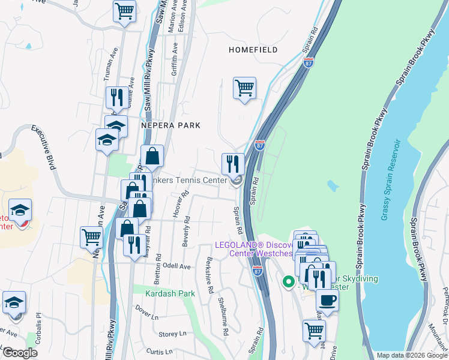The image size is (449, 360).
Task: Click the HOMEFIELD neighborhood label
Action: point(253,50)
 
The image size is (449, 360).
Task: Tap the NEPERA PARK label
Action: point(170,125)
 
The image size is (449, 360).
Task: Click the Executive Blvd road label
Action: point(43,147)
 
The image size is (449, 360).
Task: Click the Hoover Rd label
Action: point(177,205)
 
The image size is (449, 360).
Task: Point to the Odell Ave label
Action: point(176,266)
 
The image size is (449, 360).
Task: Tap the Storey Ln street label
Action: point(173,334)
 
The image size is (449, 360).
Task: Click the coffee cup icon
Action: point(327,299)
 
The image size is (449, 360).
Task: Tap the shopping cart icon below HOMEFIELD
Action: point(244,88)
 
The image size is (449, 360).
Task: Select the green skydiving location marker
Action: point(288,280)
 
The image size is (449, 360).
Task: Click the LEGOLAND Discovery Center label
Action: point(254,248)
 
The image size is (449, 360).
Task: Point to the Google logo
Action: point(20,353)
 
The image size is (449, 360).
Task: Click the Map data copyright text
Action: point(412,355)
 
